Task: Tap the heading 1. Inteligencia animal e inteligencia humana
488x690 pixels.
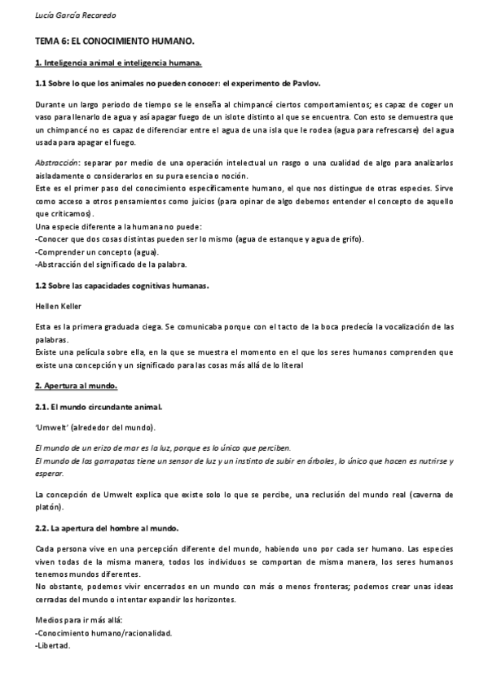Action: coord(118,63)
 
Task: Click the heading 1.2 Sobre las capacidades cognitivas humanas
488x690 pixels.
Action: coord(123,286)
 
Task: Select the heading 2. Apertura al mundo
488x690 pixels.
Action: coord(77,385)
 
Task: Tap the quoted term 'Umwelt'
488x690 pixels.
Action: coord(54,427)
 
